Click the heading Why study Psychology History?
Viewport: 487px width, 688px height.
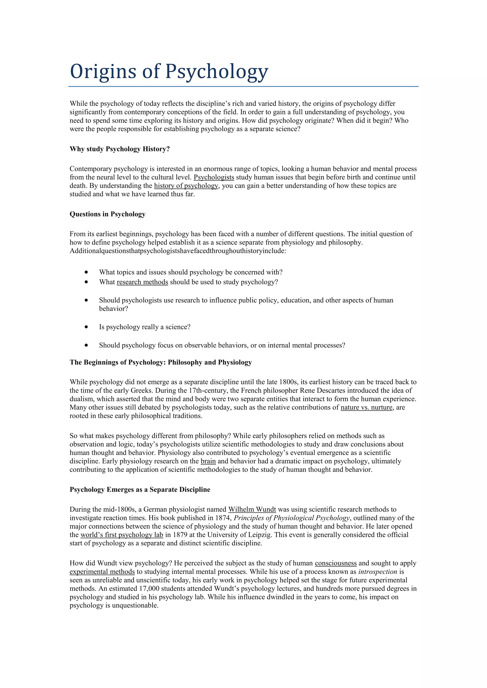coord(120,149)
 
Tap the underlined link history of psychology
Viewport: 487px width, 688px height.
coord(186,186)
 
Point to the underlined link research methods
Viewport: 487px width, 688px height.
coord(142,282)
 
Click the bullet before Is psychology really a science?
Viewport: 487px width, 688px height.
coord(86,327)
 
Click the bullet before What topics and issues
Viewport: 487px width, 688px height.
coord(86,272)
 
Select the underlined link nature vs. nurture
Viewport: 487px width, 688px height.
coord(366,407)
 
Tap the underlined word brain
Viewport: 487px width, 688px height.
coord(208,461)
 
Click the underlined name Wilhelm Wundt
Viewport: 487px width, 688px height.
coord(252,509)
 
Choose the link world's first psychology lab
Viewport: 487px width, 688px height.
coord(122,535)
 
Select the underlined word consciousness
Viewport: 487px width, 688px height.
coord(336,563)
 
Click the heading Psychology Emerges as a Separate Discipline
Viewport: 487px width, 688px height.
coord(140,489)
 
